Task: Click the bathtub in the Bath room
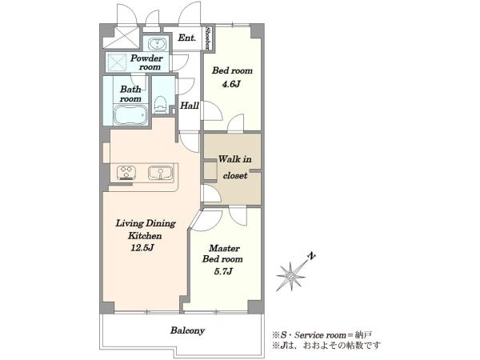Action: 130,114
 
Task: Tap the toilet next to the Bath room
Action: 160,105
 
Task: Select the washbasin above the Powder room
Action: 158,44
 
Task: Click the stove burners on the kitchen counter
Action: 126,173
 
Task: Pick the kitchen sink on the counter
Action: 160,173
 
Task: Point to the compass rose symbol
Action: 291,275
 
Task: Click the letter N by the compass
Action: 311,256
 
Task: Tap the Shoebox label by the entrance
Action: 208,38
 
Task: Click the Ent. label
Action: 186,38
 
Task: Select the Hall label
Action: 190,106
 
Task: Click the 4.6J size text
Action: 231,84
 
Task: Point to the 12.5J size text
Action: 142,247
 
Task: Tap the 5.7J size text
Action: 223,271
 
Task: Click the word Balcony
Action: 187,330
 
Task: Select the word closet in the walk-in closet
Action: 235,176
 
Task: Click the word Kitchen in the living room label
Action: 145,236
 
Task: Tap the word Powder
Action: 146,58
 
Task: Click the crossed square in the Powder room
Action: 116,62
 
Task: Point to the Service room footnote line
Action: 322,334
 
